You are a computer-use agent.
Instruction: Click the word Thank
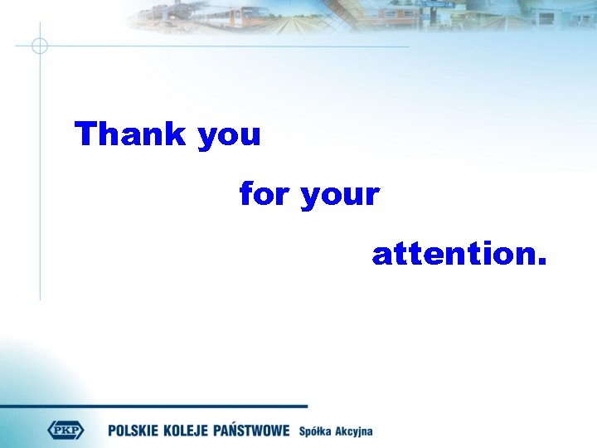(x=131, y=134)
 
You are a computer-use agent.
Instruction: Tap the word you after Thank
(x=230, y=136)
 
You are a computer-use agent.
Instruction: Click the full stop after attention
(x=541, y=263)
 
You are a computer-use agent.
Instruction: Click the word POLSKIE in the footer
(x=137, y=431)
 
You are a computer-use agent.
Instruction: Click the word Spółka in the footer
(x=316, y=431)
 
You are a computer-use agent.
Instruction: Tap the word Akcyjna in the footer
(x=355, y=431)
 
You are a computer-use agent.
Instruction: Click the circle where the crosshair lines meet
(x=39, y=46)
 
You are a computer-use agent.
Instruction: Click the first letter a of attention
(x=381, y=256)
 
